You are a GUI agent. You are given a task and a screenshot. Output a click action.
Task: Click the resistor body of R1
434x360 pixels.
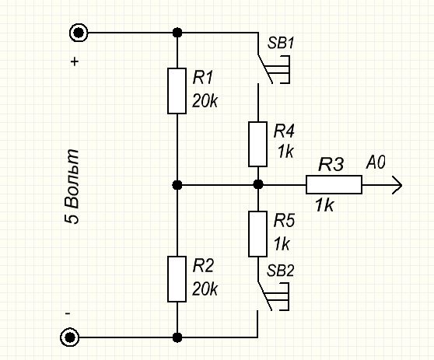click(x=177, y=91)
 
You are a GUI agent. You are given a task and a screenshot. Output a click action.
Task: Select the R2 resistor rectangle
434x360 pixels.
click(x=177, y=279)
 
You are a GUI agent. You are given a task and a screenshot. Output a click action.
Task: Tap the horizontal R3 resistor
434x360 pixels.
click(x=334, y=184)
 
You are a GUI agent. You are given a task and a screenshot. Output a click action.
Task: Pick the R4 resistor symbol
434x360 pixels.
click(x=257, y=144)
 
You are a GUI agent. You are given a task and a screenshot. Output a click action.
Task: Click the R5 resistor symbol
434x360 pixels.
click(x=257, y=234)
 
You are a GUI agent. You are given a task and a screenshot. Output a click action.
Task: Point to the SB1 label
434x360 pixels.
click(x=280, y=44)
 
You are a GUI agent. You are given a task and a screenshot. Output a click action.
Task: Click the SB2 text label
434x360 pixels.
click(x=280, y=271)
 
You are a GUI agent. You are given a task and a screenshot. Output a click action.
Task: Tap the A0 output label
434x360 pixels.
click(x=376, y=163)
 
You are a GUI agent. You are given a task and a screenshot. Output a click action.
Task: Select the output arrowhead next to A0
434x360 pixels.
click(x=397, y=185)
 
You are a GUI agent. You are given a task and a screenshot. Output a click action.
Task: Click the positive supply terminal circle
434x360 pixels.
click(x=79, y=33)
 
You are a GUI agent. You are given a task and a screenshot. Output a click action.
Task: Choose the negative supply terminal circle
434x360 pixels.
click(x=70, y=337)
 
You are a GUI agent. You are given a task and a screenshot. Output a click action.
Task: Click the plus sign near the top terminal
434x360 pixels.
click(x=75, y=61)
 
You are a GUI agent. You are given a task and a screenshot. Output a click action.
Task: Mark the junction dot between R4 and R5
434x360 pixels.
click(x=258, y=184)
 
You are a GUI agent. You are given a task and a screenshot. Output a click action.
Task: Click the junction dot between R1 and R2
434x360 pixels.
click(x=177, y=184)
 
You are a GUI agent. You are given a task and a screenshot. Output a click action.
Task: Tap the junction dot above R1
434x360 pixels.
click(x=177, y=33)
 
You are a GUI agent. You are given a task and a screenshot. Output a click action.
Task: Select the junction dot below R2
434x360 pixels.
click(x=177, y=337)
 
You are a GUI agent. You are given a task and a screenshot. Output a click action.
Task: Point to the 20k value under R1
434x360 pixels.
click(x=205, y=101)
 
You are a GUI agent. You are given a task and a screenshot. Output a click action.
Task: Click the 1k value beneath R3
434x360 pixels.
click(x=324, y=205)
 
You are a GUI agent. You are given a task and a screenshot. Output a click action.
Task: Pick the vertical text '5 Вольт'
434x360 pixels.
click(x=72, y=187)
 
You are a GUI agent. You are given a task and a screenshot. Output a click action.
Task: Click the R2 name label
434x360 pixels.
click(x=203, y=266)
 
